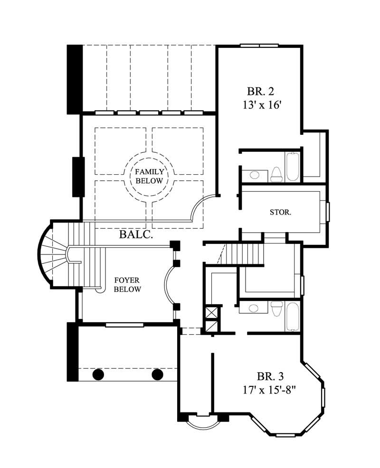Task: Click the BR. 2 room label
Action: click(261, 91)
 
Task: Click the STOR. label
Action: click(280, 212)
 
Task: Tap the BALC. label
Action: click(136, 234)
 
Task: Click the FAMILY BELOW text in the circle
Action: click(149, 176)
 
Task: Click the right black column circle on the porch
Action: click(157, 374)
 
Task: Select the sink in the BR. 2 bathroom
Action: click(254, 175)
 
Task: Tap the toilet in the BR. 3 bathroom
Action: click(276, 309)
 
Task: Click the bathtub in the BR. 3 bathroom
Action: click(293, 317)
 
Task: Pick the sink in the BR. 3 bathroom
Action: click(254, 309)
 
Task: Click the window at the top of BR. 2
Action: click(259, 46)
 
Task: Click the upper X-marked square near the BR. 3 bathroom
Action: click(210, 313)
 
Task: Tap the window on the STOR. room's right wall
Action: click(327, 212)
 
